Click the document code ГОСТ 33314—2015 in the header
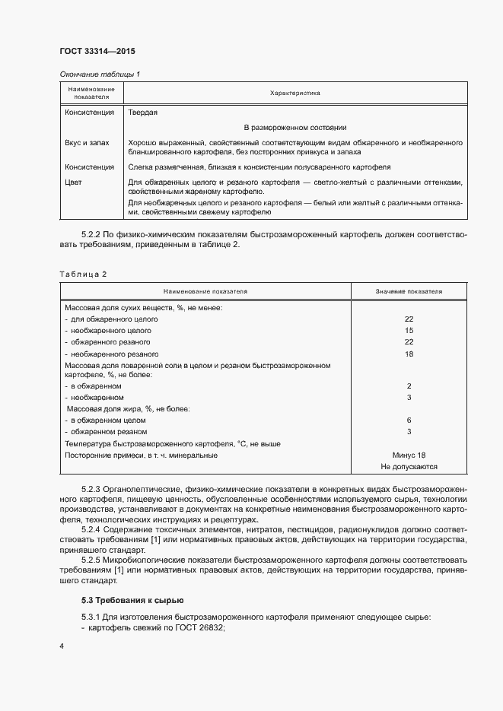(97, 52)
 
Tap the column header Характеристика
(294, 94)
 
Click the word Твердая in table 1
(143, 112)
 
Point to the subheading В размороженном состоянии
(294, 127)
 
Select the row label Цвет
(74, 183)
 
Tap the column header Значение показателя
(409, 291)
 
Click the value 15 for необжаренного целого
(409, 331)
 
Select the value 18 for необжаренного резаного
(409, 354)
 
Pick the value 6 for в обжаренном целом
(409, 421)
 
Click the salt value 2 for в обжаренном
(409, 386)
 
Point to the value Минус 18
(409, 455)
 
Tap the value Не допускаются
(409, 467)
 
